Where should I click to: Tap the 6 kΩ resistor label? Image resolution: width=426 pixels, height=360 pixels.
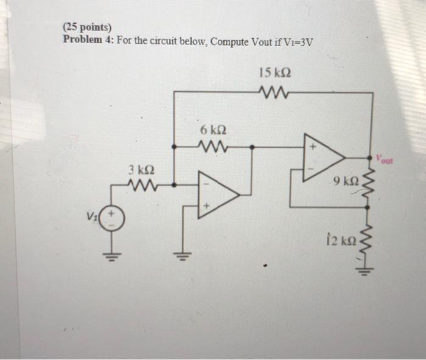point(213,131)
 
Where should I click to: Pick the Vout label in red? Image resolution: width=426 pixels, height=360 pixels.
point(385,161)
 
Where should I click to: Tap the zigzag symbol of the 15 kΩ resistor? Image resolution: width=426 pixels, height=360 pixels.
point(273,92)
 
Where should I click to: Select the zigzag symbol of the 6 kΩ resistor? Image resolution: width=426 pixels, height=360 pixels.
point(213,146)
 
